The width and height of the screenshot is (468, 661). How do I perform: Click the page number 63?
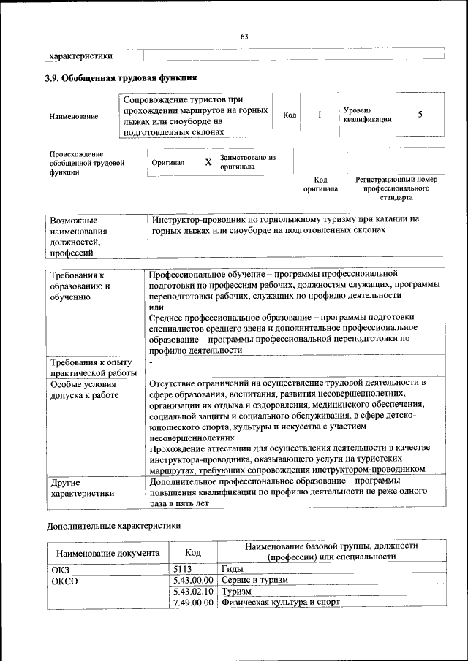(x=244, y=37)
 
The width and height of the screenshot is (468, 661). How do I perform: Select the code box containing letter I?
(x=319, y=115)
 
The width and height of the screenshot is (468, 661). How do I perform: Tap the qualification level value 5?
(x=420, y=115)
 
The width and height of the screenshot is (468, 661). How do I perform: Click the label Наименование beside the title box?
(x=74, y=117)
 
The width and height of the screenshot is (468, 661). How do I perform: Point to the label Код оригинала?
(x=320, y=184)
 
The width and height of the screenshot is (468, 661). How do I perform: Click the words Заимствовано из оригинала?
(x=247, y=161)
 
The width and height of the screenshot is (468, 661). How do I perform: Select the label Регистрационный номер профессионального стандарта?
(x=396, y=188)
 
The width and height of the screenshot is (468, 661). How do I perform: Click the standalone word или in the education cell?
(x=156, y=307)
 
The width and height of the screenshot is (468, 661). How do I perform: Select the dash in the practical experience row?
(x=151, y=362)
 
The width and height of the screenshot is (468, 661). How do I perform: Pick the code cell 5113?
(x=182, y=568)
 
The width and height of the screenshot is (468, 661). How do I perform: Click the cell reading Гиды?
(x=233, y=568)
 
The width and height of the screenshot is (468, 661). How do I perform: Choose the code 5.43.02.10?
(x=193, y=591)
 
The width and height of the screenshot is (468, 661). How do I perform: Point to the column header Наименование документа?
(x=107, y=553)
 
